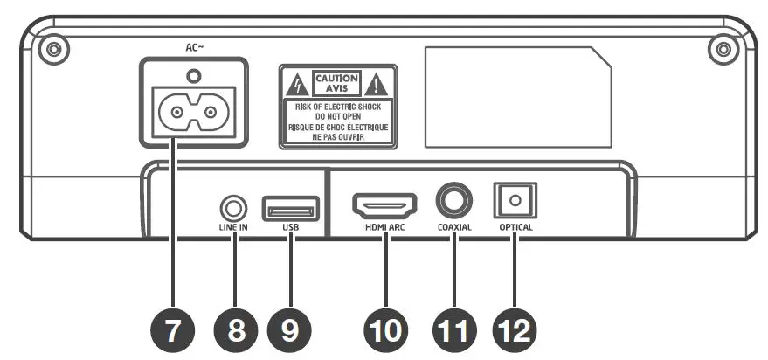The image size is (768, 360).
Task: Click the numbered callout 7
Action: [x=172, y=330]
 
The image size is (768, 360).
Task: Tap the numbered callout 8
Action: [x=234, y=330]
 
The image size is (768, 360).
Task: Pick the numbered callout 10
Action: [x=384, y=330]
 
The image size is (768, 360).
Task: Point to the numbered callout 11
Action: [x=454, y=330]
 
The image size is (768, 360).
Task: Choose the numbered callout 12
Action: [x=515, y=330]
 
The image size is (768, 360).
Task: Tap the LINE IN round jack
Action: [x=233, y=208]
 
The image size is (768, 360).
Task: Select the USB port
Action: [x=290, y=210]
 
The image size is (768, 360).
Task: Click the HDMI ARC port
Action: [x=384, y=206]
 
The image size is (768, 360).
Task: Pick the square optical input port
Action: [x=515, y=202]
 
